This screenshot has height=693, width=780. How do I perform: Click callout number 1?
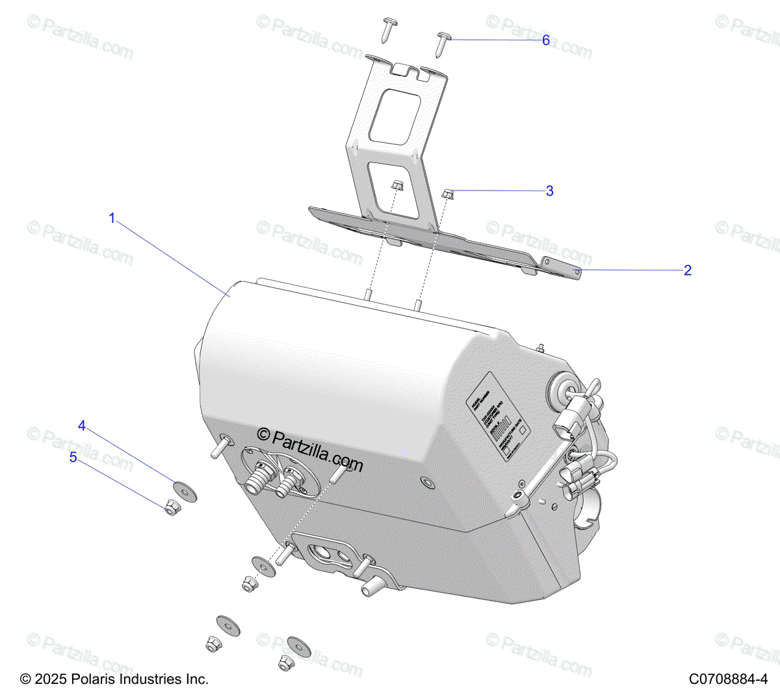coord(112,218)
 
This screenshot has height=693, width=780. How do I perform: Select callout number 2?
coord(688,270)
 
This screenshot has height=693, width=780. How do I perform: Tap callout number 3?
coord(550,191)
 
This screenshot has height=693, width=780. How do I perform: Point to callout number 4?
coord(82,426)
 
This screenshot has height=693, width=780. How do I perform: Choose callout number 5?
coord(73,458)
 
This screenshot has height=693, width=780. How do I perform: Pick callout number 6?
coord(546,40)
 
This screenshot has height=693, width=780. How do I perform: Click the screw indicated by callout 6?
coord(444,40)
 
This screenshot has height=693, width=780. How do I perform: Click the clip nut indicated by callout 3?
coord(448,193)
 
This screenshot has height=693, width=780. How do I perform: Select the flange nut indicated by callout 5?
coord(171,508)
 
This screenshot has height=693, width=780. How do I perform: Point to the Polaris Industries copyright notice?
coord(114,679)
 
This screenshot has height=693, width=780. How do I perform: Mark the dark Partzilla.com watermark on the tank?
coord(310,449)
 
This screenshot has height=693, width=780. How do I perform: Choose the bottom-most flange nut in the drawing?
coord(285,664)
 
